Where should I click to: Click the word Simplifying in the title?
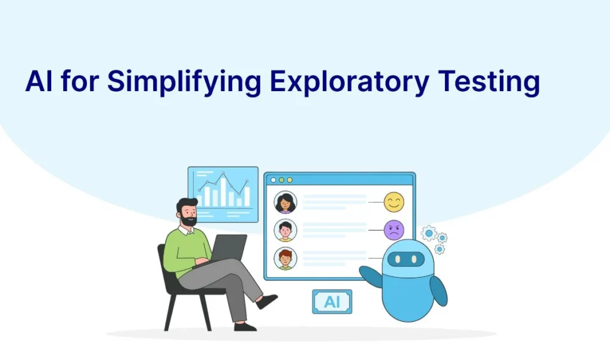point(183,82)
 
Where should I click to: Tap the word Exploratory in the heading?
point(349,82)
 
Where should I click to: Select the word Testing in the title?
point(488,82)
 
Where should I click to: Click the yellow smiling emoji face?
point(394,202)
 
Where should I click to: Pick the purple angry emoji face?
point(394,230)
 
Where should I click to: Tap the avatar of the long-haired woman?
point(285,203)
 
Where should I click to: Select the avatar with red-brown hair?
point(285,259)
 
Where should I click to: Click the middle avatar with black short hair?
point(285,231)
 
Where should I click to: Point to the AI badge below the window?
point(332,302)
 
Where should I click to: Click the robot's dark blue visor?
point(406,259)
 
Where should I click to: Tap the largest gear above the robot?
point(429,233)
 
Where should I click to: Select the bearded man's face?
point(189,213)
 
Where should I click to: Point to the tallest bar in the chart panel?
point(223,190)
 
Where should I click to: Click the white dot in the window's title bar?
point(273,180)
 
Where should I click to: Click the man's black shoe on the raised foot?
point(267,301)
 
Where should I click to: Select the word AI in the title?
point(39,81)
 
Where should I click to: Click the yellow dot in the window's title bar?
point(290,180)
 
